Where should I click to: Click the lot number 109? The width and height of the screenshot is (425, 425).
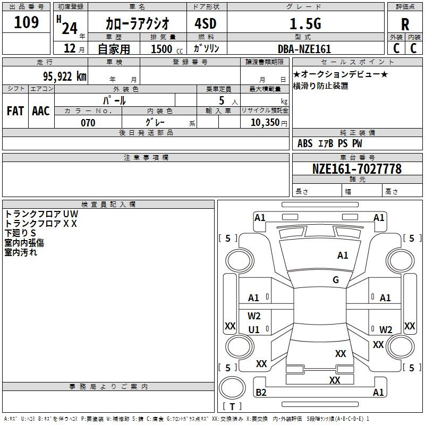[x=26, y=22]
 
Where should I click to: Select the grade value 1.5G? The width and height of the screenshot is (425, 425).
[x=305, y=23]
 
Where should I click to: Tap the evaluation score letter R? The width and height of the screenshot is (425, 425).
[x=405, y=24]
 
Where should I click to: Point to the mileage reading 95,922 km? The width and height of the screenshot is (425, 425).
[x=65, y=76]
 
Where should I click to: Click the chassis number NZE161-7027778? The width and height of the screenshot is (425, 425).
[x=357, y=169]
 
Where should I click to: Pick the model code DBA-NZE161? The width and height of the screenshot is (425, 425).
[x=304, y=49]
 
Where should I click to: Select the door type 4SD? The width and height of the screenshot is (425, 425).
[x=206, y=23]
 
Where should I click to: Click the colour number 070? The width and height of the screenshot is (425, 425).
[x=88, y=123]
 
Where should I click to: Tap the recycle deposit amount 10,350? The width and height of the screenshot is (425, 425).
[x=265, y=122]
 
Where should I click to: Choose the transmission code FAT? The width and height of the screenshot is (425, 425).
[x=15, y=111]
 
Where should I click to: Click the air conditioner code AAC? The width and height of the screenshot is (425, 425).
[x=41, y=111]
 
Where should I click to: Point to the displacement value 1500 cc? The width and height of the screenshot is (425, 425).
[x=167, y=49]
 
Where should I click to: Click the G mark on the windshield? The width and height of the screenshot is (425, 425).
[x=336, y=280]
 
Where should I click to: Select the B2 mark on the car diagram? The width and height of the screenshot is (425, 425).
[x=261, y=392]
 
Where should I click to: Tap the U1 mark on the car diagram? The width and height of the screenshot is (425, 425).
[x=254, y=329]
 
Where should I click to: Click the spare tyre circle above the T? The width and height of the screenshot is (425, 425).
[x=232, y=388]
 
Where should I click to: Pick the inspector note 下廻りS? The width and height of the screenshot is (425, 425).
[x=20, y=233]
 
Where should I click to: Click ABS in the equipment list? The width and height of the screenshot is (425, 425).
[x=305, y=143]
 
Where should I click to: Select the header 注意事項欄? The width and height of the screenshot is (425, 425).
[x=146, y=157]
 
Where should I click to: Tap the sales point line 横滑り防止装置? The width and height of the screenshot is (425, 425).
[x=321, y=86]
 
